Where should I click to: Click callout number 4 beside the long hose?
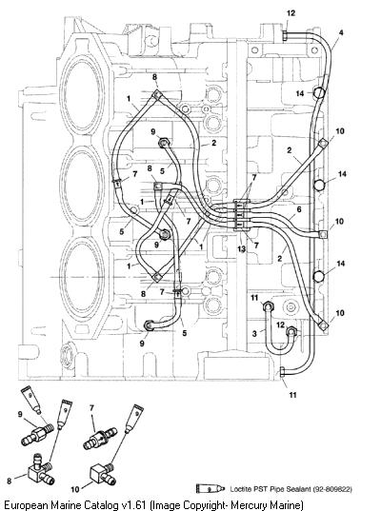[341, 32]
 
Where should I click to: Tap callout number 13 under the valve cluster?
[241, 249]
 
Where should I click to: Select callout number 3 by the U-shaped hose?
[254, 333]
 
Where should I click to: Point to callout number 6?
[299, 209]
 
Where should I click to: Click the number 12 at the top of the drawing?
[291, 13]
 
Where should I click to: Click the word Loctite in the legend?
[241, 489]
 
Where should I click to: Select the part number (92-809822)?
[332, 489]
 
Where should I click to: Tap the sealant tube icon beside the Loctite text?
[211, 488]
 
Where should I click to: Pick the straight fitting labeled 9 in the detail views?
[38, 433]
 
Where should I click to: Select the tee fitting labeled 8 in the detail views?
[40, 473]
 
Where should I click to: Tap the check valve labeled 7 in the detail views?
[100, 438]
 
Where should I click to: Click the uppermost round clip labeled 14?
[319, 93]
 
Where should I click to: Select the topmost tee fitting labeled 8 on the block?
[157, 94]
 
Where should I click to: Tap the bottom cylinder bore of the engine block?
[82, 277]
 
